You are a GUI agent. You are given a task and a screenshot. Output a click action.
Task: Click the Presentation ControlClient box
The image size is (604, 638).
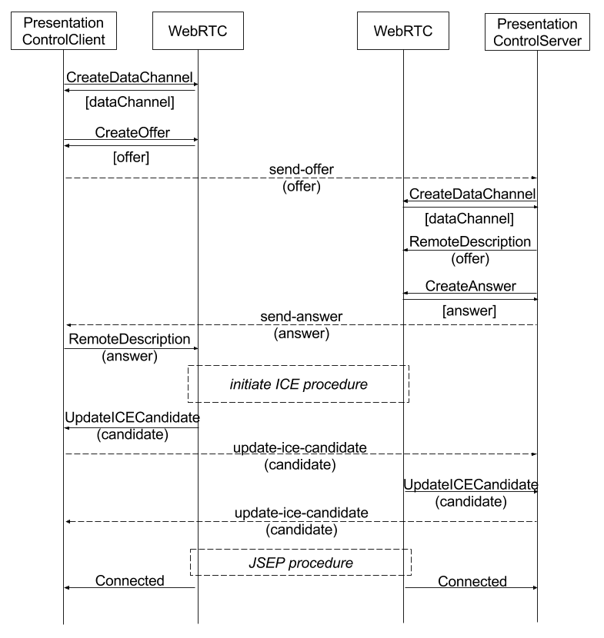64,31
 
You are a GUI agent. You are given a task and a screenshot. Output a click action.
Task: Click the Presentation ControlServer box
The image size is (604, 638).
537,32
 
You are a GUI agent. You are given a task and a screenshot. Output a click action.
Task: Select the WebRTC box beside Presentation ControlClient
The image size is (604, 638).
198,31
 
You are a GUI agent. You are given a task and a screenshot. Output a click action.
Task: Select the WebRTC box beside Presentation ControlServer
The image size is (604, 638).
403,31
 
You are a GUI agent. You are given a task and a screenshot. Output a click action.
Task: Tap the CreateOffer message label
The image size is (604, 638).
132,132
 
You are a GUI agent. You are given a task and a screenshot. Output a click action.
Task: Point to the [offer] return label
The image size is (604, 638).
131,157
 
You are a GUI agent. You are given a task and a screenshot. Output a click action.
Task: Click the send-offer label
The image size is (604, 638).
302,169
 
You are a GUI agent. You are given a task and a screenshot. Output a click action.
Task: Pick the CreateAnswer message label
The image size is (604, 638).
470,286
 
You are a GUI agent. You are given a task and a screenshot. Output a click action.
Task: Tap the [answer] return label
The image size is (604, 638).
469,311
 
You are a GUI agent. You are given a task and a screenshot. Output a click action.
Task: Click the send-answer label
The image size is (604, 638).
302,317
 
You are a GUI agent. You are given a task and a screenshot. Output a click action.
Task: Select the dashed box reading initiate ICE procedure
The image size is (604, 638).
299,384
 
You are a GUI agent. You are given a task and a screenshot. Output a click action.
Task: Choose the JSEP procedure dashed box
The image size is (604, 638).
301,563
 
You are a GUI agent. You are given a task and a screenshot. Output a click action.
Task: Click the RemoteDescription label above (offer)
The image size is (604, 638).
470,241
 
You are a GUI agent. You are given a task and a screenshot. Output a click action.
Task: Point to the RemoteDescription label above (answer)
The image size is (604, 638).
129,339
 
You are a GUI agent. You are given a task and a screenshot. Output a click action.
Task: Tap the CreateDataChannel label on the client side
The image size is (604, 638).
129,78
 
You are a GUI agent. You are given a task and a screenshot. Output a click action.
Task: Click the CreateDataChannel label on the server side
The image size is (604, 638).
472,194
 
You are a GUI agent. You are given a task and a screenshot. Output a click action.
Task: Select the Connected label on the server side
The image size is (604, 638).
472,581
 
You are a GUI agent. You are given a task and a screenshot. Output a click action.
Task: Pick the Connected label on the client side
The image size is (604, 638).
129,580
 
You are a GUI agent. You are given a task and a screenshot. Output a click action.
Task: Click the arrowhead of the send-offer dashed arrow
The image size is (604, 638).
535,178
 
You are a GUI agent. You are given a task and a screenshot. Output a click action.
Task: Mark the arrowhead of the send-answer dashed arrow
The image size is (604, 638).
68,325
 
